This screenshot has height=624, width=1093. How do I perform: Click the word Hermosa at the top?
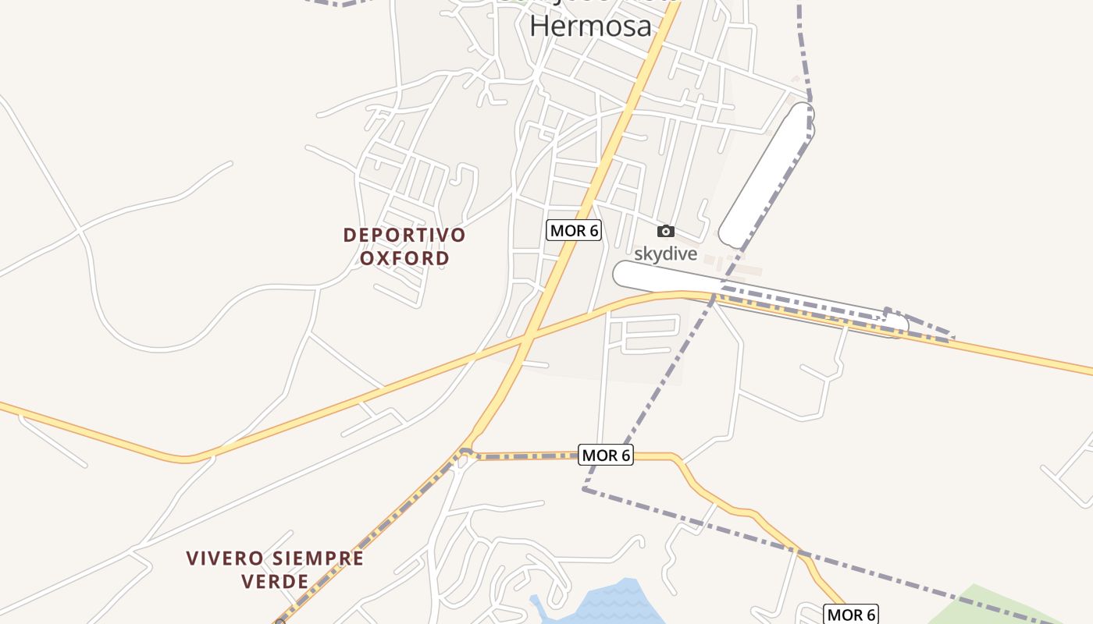point(590,26)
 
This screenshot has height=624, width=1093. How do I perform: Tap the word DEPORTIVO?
point(404,235)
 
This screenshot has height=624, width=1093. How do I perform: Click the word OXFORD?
point(404,258)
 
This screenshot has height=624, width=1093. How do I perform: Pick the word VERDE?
point(275,581)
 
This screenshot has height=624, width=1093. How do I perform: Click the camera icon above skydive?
point(665,231)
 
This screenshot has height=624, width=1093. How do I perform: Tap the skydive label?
point(665,253)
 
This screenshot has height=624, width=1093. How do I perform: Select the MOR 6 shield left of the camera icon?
point(574,230)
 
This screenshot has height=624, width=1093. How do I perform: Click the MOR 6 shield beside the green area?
point(851,615)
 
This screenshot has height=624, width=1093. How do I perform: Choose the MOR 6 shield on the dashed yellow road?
point(606,455)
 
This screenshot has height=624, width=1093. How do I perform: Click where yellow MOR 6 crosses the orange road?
point(528,339)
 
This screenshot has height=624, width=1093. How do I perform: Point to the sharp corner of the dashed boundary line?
point(584,489)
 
